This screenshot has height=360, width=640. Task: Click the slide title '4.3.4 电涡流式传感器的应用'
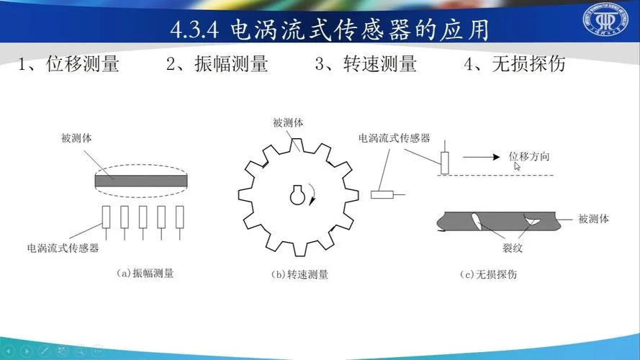[x=330, y=30]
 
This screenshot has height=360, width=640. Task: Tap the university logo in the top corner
[x=605, y=19]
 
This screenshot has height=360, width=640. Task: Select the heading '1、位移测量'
[x=68, y=63]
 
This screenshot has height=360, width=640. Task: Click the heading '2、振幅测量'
[x=217, y=63]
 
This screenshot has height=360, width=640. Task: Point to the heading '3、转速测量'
[x=366, y=63]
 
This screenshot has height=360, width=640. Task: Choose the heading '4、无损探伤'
[x=515, y=63]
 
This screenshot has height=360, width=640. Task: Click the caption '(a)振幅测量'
[x=145, y=273]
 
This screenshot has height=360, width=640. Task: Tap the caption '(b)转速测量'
[x=299, y=274]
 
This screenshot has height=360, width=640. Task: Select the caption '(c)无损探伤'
[x=489, y=274]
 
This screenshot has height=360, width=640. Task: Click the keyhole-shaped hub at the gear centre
[x=297, y=195]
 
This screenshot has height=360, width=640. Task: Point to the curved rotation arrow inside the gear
[x=312, y=194]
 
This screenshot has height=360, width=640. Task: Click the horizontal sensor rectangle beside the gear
[x=382, y=194]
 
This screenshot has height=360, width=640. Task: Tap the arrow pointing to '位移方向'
[x=481, y=157]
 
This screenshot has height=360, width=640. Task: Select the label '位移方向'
[x=529, y=156]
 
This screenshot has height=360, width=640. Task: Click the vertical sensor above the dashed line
[x=445, y=163]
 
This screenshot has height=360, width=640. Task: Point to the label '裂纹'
[x=513, y=248]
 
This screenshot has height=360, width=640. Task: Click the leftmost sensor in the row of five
[x=106, y=217]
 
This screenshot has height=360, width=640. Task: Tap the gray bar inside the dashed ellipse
[x=141, y=181]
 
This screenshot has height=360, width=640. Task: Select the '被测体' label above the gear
[x=288, y=122]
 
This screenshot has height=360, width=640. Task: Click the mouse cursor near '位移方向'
[x=517, y=166]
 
